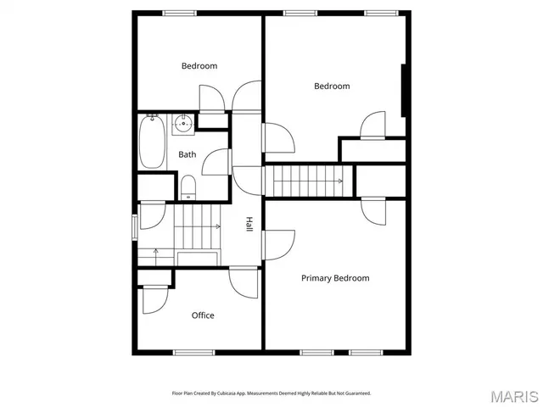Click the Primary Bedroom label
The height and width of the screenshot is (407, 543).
click(x=335, y=278)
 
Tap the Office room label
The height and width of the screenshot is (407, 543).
click(x=203, y=315)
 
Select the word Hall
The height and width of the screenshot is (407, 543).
click(x=249, y=225)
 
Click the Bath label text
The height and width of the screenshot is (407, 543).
click(x=187, y=154)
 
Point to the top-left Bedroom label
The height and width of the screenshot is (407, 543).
click(x=199, y=66)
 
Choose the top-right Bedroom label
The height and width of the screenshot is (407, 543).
click(x=332, y=86)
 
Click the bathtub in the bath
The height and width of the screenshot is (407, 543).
click(x=153, y=142)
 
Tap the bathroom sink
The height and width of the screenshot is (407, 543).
click(x=184, y=125)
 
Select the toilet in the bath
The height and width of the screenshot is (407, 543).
click(x=188, y=186)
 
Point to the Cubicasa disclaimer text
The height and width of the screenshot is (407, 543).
click(x=271, y=393)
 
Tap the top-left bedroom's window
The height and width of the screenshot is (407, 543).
click(x=179, y=12)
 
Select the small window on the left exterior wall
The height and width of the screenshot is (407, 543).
click(x=134, y=227)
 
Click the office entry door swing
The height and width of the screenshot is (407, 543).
click(x=244, y=282)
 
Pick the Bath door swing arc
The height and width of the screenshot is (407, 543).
click(x=216, y=161)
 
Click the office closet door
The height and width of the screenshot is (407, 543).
click(x=155, y=298)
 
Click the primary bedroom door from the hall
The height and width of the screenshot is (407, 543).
click(x=277, y=244)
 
